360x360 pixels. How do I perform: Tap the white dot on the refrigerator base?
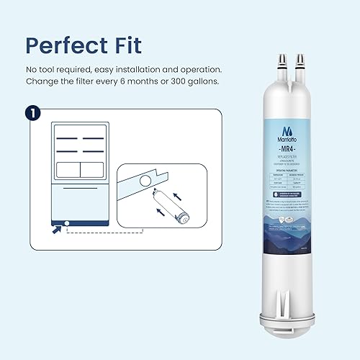point(66,222)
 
